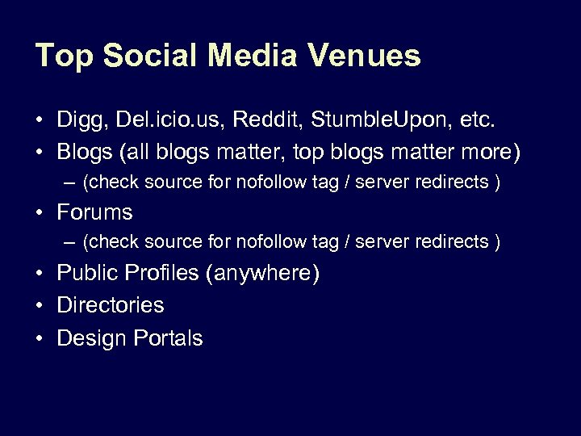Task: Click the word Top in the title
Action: click(x=61, y=56)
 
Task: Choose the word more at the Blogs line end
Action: click(x=487, y=152)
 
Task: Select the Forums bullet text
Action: click(x=94, y=212)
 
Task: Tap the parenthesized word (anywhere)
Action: click(x=262, y=274)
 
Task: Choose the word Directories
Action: click(x=110, y=305)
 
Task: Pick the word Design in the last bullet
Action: click(x=88, y=337)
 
